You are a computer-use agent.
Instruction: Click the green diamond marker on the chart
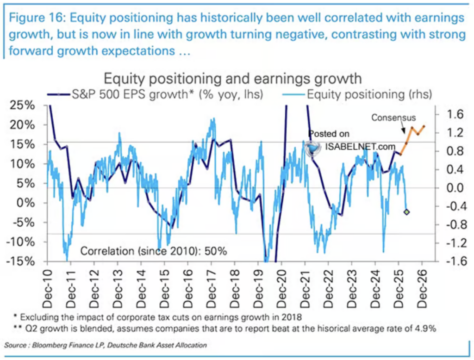pos(406,212)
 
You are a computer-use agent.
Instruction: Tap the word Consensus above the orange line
pos(393,117)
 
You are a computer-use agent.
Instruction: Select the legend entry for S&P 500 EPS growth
pos(155,94)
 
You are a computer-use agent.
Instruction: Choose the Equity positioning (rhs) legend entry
pos(357,94)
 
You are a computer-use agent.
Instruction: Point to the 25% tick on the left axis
pos(22,105)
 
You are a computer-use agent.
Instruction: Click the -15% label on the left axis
pos(20,261)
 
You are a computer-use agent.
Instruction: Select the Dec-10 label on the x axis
pos(48,289)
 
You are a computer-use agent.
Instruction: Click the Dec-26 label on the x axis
pos(423,289)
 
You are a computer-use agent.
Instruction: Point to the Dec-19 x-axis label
pos(259,289)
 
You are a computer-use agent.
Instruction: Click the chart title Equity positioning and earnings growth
pos(233,79)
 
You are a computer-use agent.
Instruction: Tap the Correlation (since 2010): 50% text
pos(154,251)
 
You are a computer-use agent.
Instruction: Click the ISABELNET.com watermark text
pos(360,147)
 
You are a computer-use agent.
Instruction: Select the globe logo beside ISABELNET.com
pos(312,148)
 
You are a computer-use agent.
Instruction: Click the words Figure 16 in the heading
pos(37,18)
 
